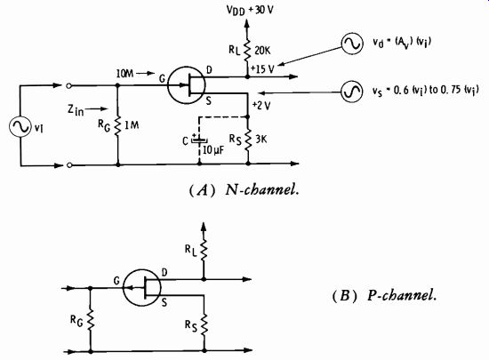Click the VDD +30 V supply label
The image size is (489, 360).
[x=250, y=10]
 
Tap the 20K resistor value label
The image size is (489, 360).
[x=262, y=51]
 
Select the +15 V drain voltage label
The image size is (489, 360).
[x=262, y=68]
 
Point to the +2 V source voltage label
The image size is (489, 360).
[x=261, y=106]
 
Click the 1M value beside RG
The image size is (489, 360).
[x=132, y=125]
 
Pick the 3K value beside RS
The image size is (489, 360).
[x=261, y=139]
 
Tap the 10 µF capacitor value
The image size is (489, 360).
[x=213, y=150]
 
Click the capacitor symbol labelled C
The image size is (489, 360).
[x=199, y=140]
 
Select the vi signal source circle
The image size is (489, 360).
[x=20, y=126]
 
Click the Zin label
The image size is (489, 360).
[x=76, y=109]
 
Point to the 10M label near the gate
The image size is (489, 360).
[x=124, y=74]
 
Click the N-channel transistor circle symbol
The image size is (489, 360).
[x=187, y=85]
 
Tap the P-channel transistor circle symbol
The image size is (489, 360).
[x=142, y=288]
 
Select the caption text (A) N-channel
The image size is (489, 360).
[x=244, y=189]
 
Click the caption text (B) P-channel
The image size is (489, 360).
[x=384, y=295]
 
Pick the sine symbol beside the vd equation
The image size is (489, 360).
[x=352, y=44]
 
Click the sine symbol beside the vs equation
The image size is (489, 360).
[x=351, y=92]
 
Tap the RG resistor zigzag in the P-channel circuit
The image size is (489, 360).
[x=91, y=320]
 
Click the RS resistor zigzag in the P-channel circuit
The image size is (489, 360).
[x=204, y=324]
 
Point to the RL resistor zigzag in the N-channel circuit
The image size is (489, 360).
[x=247, y=50]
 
